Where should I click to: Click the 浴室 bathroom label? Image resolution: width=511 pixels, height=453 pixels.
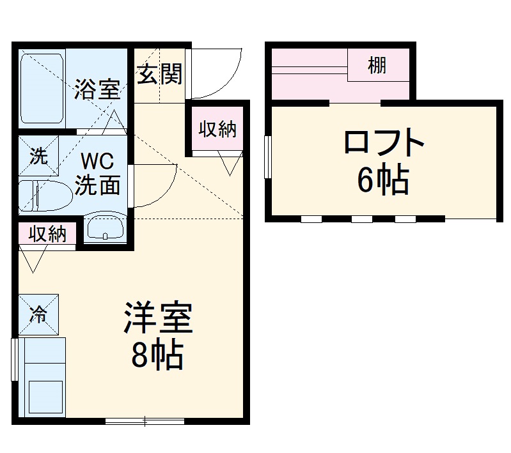[97, 89]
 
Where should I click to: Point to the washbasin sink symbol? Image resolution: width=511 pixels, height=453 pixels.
[105, 227]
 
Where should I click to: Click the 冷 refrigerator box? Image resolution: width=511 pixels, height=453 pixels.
[39, 314]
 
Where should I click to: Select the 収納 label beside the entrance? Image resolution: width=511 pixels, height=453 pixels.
[217, 130]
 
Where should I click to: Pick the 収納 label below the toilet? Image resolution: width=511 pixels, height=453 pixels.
[47, 234]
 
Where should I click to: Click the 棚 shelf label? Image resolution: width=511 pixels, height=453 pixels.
[377, 65]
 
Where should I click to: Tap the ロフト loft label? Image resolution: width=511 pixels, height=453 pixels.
[384, 142]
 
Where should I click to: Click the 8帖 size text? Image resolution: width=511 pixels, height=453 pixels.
[157, 356]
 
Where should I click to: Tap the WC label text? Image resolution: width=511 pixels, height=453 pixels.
[97, 158]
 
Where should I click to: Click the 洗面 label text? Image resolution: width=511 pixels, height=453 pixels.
[98, 185]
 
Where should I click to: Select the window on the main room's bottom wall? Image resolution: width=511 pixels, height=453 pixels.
[145, 420]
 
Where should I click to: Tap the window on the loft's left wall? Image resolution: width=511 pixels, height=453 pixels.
[269, 155]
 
